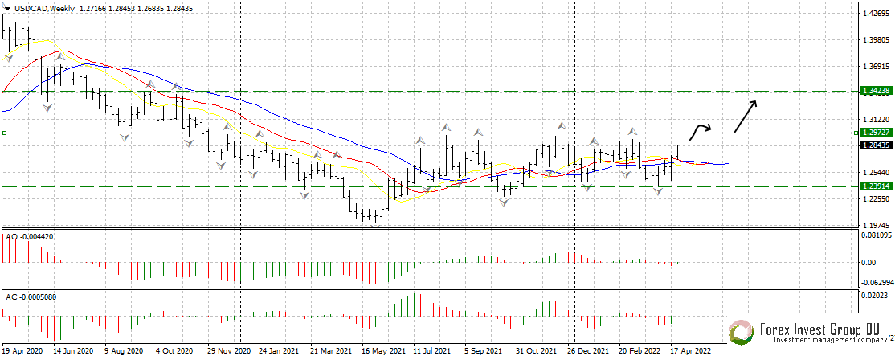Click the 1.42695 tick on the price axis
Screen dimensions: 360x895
click(873, 14)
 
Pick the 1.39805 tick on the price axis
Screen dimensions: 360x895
click(873, 40)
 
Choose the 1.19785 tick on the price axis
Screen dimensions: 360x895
click(873, 226)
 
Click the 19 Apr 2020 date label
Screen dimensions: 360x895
click(22, 351)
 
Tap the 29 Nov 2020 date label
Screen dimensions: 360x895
click(228, 351)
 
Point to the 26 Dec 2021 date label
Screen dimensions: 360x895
click(587, 351)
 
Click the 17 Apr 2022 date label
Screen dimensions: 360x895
click(690, 351)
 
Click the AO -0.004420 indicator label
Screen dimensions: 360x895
click(30, 237)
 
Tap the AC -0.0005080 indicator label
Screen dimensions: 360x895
click(35, 297)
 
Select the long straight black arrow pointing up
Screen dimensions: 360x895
click(745, 116)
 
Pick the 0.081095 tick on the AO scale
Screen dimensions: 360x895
click(876, 236)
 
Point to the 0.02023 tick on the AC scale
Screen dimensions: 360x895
click(873, 297)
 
